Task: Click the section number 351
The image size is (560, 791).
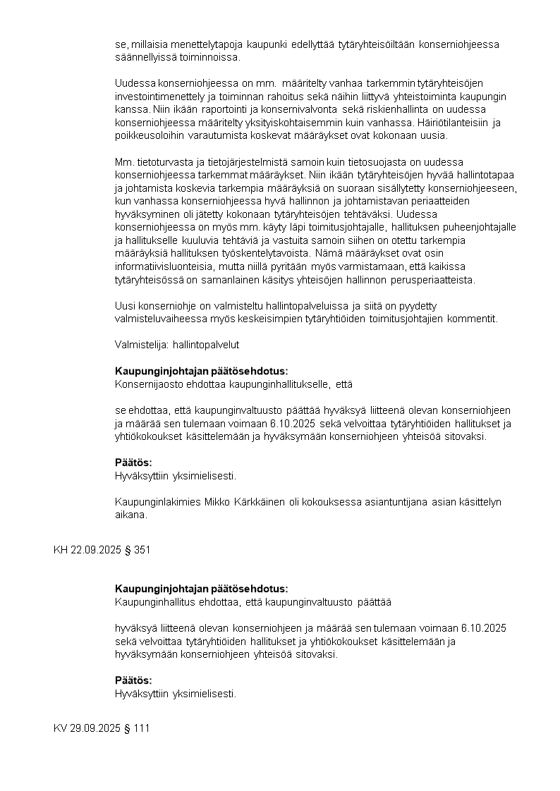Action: [x=142, y=550]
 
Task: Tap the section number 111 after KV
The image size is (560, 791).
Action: [x=142, y=728]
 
